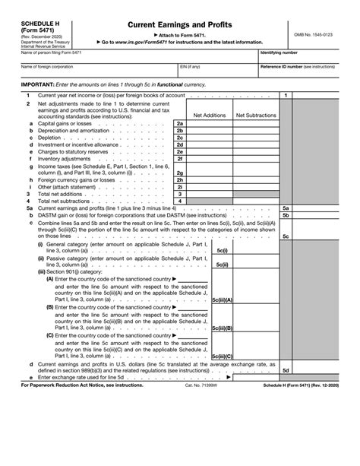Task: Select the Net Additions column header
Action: [x=210, y=116]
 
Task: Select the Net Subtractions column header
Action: [x=256, y=116]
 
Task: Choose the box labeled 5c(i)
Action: [x=223, y=249]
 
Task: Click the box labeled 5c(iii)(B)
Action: [x=223, y=328]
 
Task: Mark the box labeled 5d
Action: [x=286, y=370]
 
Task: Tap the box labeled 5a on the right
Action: [x=286, y=208]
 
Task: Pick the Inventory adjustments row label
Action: [x=49, y=158]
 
